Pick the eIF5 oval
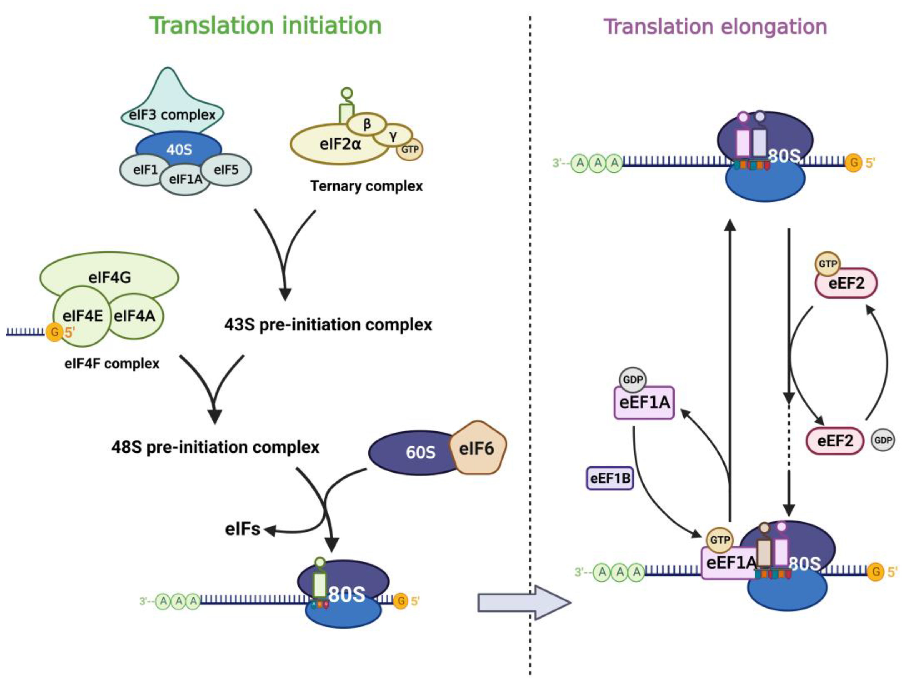click(226, 169)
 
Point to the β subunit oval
click(367, 123)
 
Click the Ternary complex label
click(366, 186)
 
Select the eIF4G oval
click(109, 276)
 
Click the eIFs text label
click(242, 529)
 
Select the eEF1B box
click(610, 478)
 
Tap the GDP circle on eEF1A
click(633, 379)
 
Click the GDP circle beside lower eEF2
click(883, 440)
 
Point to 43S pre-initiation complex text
click(328, 325)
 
